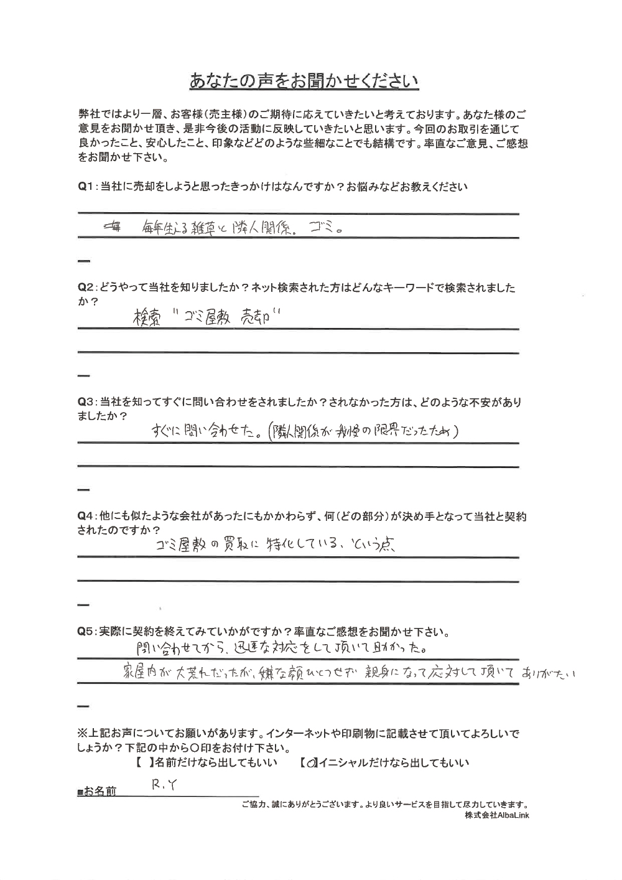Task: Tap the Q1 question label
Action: (x=86, y=187)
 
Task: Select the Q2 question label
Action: (x=86, y=288)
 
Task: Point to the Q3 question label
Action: (x=86, y=403)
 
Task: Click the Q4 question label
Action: (x=86, y=517)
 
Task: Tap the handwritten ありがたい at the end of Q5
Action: (x=551, y=673)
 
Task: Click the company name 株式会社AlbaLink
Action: (x=496, y=815)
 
